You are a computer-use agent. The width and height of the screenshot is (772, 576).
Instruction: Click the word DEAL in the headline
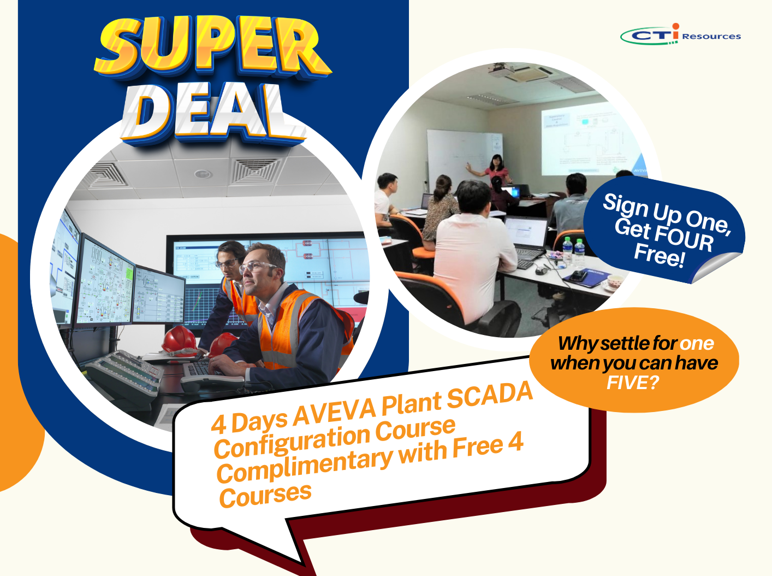213,112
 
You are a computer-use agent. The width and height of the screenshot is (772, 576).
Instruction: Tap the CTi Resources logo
681,34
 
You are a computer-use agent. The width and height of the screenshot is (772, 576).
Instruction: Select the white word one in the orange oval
696,343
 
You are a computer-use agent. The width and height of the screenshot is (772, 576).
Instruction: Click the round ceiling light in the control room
203,174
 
